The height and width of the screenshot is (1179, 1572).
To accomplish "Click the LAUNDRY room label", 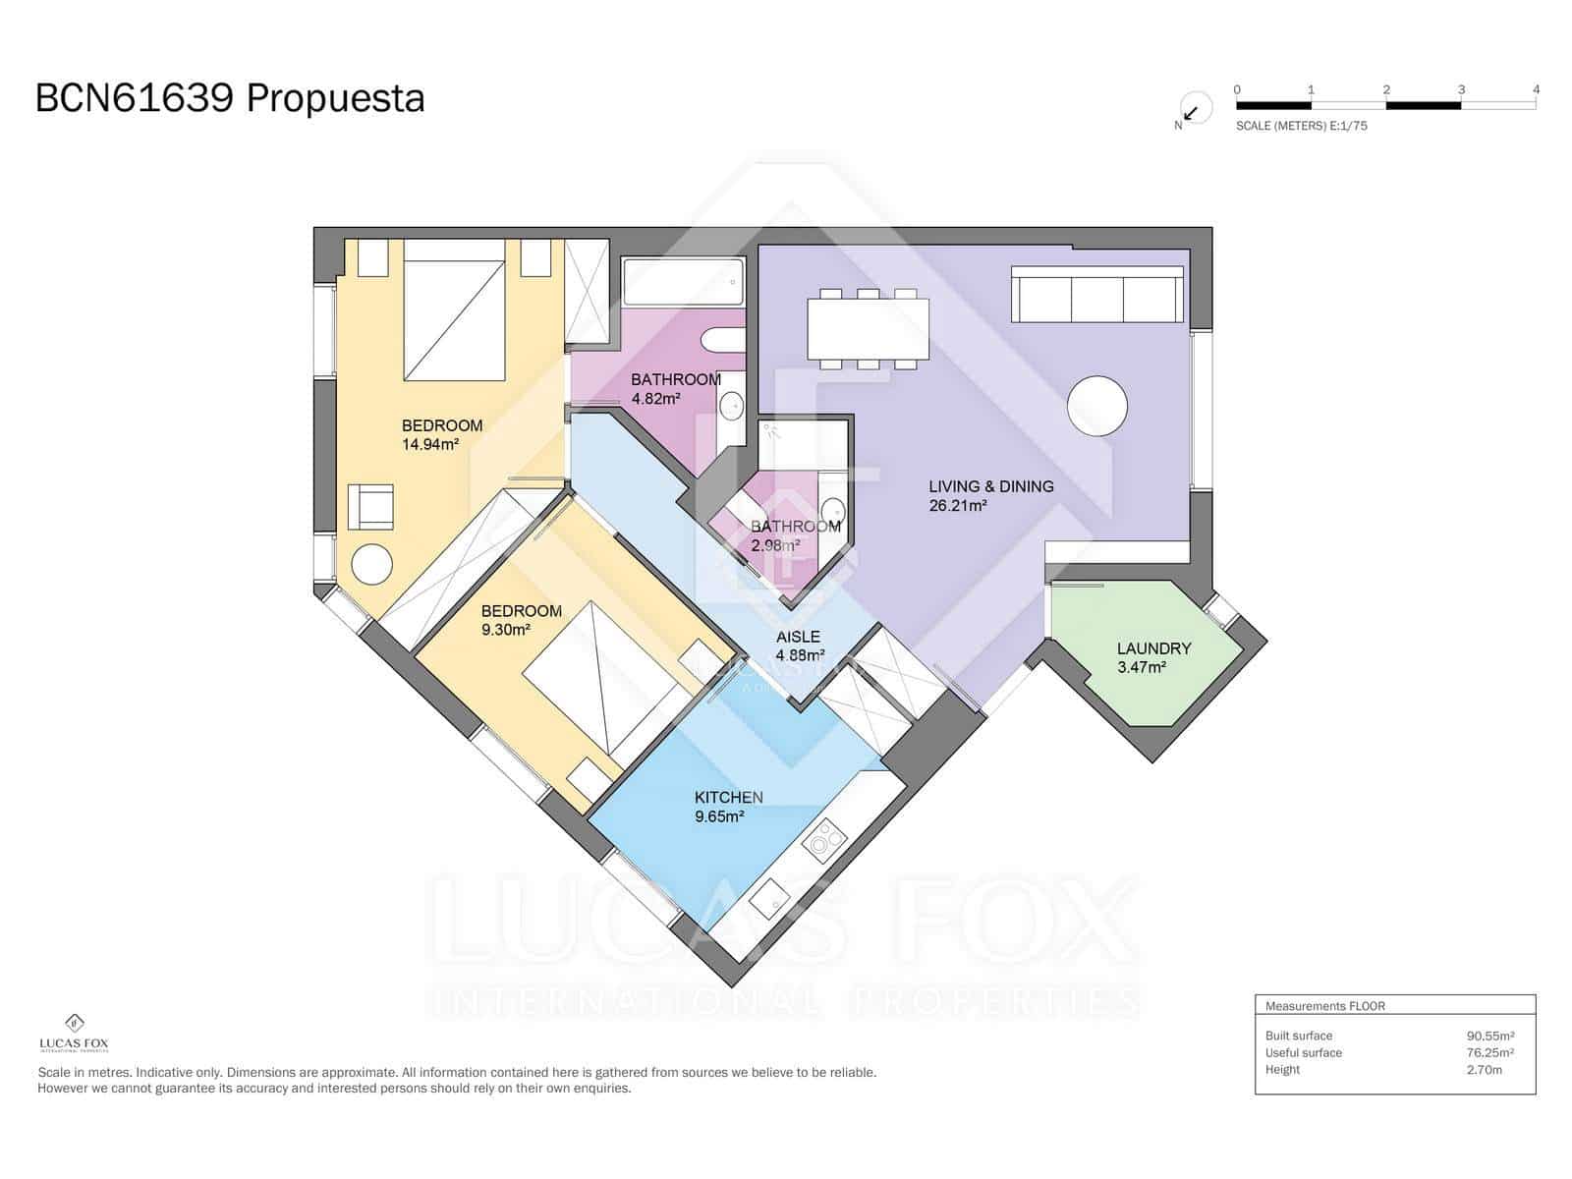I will [1153, 648].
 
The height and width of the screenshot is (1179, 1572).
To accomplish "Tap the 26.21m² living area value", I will [957, 506].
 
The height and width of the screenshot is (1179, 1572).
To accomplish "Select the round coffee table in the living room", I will [1096, 406].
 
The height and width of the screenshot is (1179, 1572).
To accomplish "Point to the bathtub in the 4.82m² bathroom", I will [682, 282].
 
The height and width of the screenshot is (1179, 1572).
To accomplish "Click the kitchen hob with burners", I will [823, 840].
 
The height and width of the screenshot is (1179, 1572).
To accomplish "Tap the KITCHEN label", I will [728, 797].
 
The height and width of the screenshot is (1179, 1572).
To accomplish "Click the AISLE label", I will [797, 637].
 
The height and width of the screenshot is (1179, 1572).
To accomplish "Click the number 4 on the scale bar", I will [1536, 89].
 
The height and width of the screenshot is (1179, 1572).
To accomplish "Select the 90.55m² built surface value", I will [1489, 1036].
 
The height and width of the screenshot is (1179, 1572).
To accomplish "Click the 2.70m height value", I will [1484, 1070].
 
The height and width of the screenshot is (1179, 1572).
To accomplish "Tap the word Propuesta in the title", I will [335, 98].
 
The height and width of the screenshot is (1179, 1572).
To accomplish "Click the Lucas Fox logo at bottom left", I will [74, 1033].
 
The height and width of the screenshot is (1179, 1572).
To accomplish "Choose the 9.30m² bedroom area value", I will [506, 630].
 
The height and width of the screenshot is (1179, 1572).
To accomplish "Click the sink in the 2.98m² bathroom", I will [832, 509].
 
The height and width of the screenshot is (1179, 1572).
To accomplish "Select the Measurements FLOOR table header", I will [1324, 1006].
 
